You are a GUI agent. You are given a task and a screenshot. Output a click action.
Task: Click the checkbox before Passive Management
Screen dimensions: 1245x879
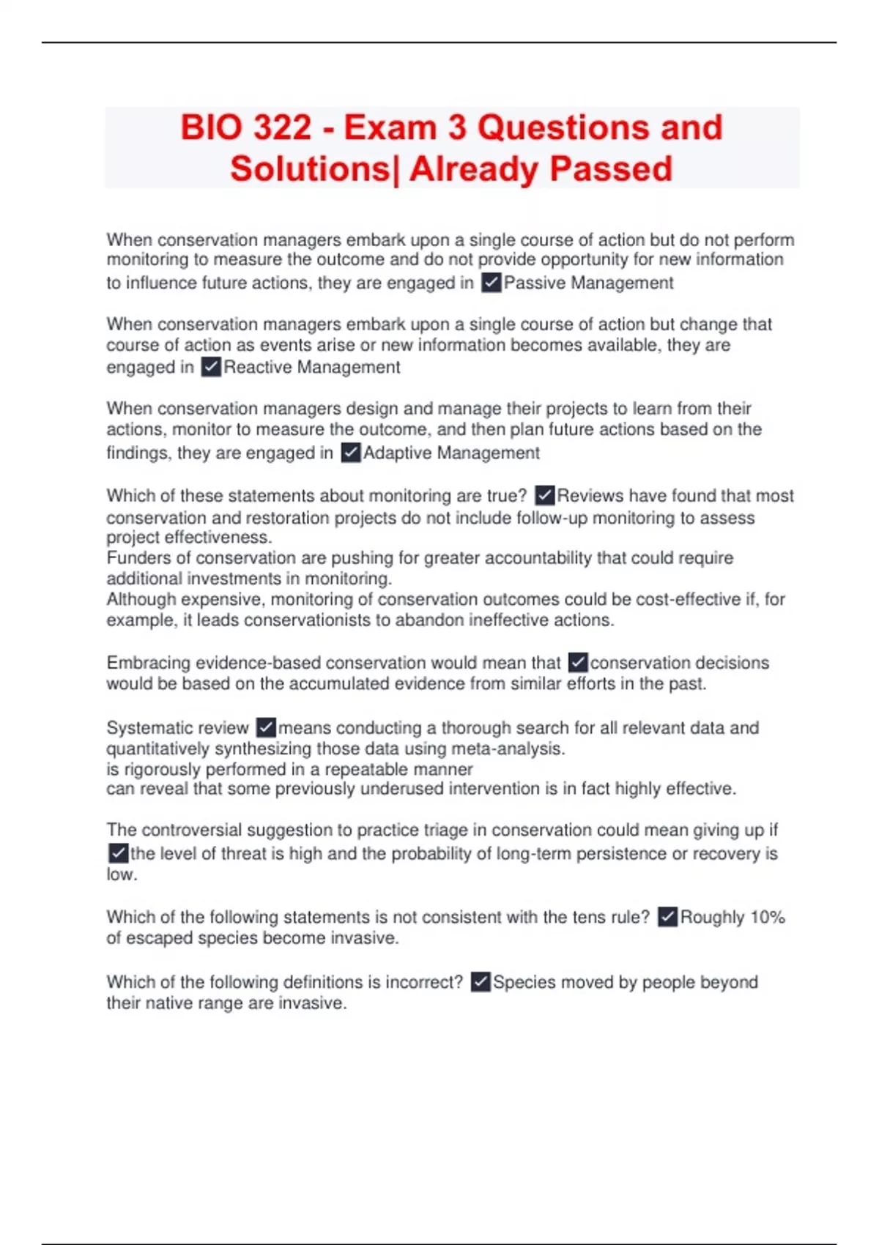(491, 283)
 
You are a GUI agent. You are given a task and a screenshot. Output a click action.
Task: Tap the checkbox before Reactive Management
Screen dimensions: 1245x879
(211, 367)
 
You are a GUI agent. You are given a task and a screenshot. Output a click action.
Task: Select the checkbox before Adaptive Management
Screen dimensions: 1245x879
(351, 453)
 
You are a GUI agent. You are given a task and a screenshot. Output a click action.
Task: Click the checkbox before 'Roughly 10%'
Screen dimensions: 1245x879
(667, 917)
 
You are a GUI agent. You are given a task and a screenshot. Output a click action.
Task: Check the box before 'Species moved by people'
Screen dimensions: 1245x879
(481, 981)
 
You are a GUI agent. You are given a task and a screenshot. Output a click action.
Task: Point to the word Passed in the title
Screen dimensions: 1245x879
(611, 169)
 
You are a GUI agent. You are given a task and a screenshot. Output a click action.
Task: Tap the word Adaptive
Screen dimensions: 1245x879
(396, 453)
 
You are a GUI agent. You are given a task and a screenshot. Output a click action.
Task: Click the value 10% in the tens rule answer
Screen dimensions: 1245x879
(768, 918)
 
